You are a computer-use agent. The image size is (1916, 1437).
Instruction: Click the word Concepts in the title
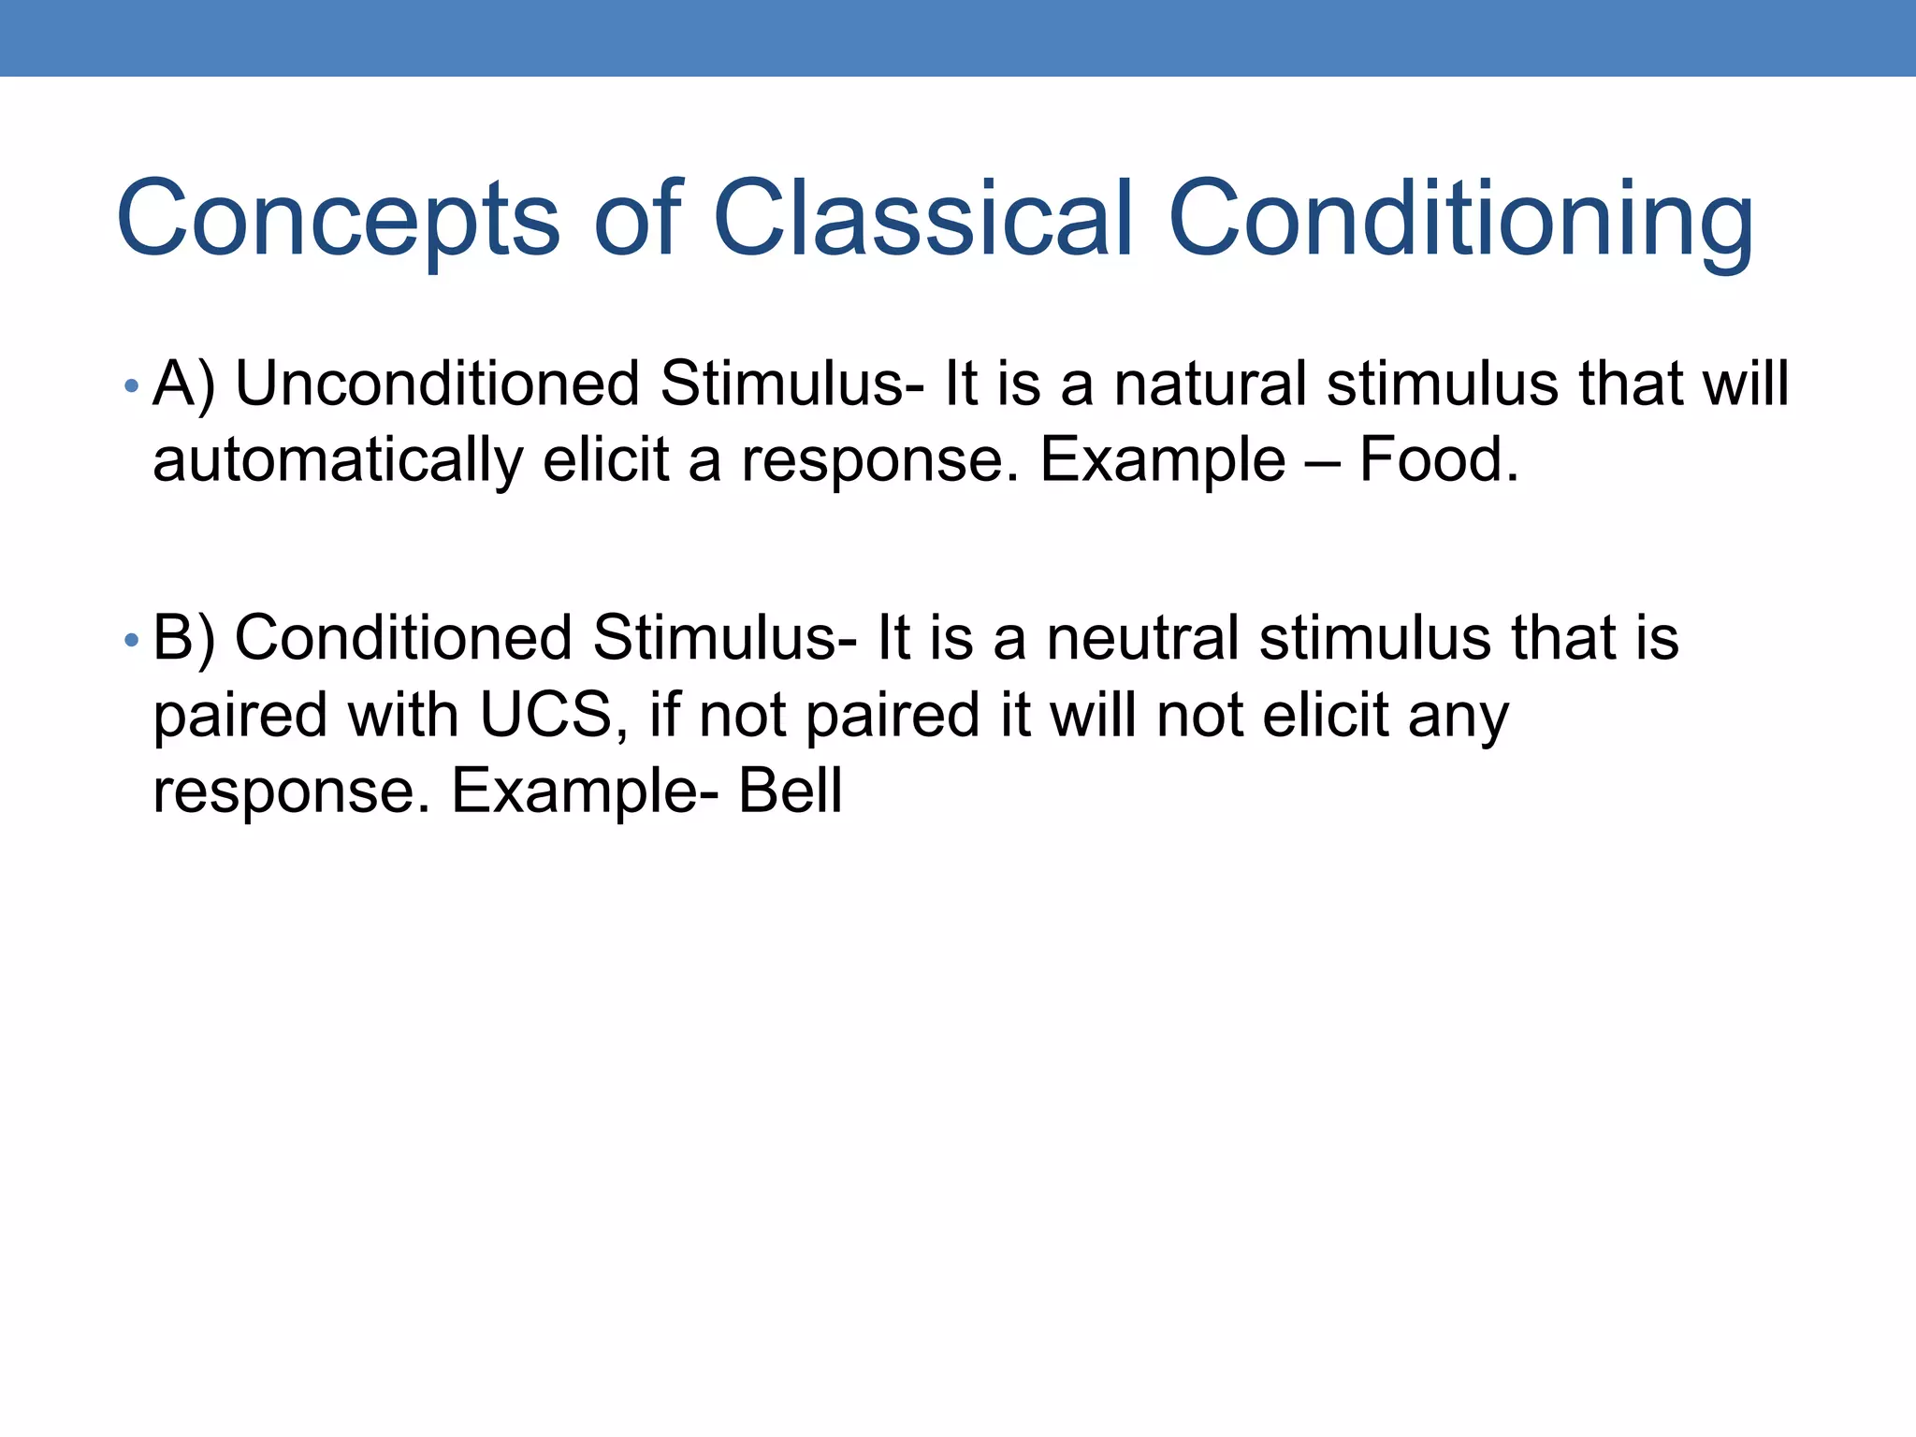coord(338,219)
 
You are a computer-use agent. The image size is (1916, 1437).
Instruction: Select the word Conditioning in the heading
coord(1460,219)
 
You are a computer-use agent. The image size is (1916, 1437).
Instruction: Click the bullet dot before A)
coord(132,385)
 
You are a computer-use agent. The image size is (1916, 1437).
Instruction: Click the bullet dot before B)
coord(132,640)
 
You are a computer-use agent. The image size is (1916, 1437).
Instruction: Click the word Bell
coord(791,791)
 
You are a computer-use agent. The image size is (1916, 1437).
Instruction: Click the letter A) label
coord(183,385)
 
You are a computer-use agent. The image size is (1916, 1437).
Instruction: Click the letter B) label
coord(183,640)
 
